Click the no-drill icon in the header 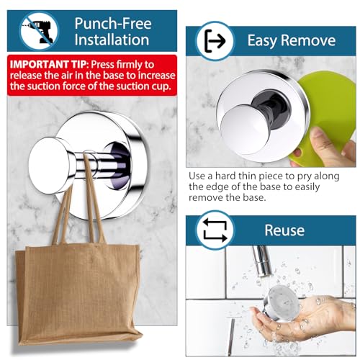point(39,31)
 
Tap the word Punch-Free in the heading point(113,24)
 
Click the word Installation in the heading point(112,40)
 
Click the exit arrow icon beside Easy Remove point(215,41)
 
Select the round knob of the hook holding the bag point(49,166)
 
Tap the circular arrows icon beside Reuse point(215,230)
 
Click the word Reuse point(284,230)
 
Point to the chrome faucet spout point(262,261)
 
